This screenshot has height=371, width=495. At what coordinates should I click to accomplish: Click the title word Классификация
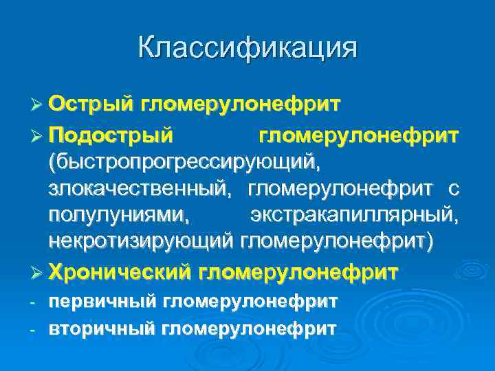[x=247, y=48]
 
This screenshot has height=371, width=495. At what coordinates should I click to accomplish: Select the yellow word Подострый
[x=111, y=135]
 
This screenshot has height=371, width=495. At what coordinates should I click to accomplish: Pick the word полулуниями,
[x=120, y=214]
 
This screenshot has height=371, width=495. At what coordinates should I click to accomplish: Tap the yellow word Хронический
[x=120, y=272]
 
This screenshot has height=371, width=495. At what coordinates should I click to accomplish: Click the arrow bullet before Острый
[x=38, y=104]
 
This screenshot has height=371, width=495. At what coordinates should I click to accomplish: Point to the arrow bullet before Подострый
[x=38, y=135]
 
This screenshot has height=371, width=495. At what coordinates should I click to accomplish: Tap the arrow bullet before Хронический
[x=38, y=273]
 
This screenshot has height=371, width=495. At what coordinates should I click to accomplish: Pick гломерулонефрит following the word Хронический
[x=298, y=272]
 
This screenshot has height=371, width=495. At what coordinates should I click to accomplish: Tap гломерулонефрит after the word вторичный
[x=249, y=328]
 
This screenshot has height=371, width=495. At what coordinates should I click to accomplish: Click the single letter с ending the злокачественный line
[x=453, y=189]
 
